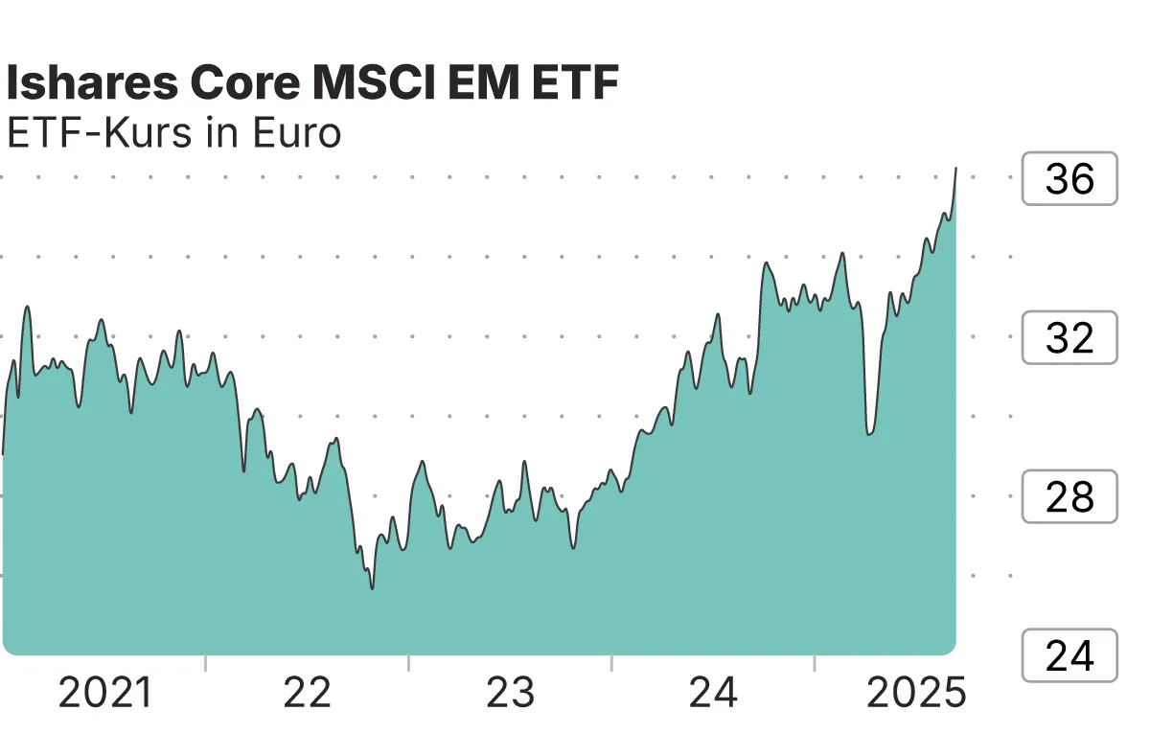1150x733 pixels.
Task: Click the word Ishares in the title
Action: [91, 85]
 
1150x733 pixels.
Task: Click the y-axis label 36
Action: [1069, 178]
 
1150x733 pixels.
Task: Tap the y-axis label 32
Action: [1069, 337]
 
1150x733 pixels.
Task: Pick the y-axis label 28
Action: [1069, 496]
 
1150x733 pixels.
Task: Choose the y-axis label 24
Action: [1069, 656]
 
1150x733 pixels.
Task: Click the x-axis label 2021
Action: [105, 693]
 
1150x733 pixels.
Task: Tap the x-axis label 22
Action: [307, 693]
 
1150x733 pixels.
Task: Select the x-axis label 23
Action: [510, 693]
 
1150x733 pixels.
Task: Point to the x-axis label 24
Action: [713, 693]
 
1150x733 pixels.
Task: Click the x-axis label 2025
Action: [916, 693]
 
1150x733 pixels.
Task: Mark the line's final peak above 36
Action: [955, 169]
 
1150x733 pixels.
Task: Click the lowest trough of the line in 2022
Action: [372, 587]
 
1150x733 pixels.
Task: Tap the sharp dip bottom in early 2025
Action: [868, 434]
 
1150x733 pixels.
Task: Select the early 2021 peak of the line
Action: [27, 308]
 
